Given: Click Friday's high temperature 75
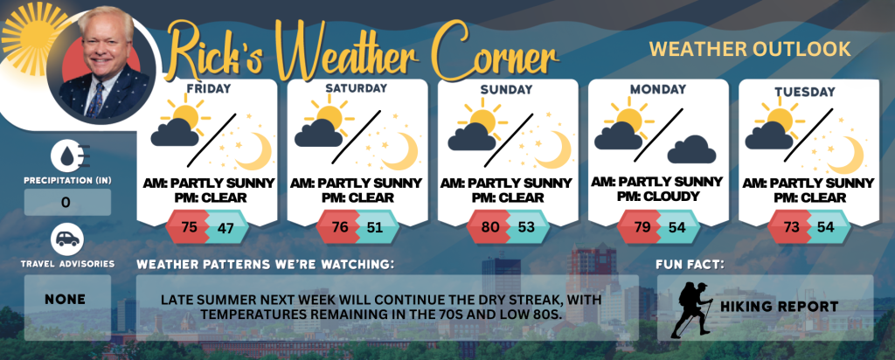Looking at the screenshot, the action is pyautogui.click(x=189, y=226).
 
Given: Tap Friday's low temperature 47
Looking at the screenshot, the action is pyautogui.click(x=225, y=228).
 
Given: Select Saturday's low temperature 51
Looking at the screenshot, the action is pyautogui.click(x=376, y=228).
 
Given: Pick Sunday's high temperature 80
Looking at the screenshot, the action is pyautogui.click(x=490, y=227).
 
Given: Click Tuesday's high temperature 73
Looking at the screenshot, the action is pyautogui.click(x=792, y=227).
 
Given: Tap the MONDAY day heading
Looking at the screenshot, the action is pyautogui.click(x=658, y=90).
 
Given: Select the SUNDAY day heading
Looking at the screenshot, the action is pyautogui.click(x=508, y=90).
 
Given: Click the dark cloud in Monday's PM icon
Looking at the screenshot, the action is pyautogui.click(x=691, y=149).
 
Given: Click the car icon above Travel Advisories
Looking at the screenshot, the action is pyautogui.click(x=67, y=239).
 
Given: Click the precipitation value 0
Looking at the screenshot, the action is pyautogui.click(x=66, y=203).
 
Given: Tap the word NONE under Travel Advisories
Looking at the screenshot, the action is pyautogui.click(x=65, y=300).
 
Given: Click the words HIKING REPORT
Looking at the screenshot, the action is pyautogui.click(x=779, y=307).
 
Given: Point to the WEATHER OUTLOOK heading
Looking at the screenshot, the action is pyautogui.click(x=750, y=49).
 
